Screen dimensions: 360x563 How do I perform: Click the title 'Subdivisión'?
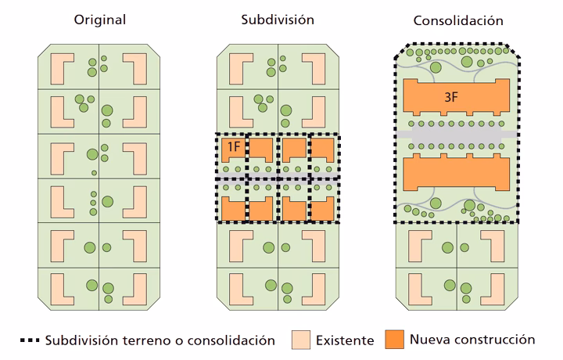278,19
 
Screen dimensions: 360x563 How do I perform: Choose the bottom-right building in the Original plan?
138,287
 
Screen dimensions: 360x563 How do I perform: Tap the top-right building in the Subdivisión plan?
318,69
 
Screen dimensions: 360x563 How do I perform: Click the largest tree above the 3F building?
467,61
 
